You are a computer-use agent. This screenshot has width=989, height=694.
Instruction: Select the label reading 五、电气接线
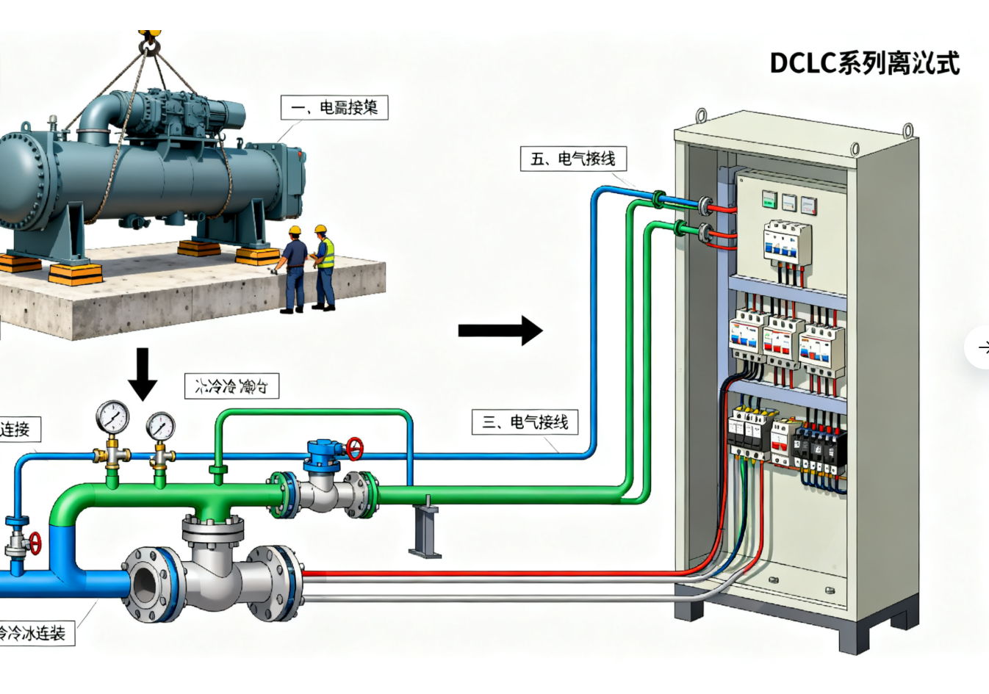click(x=573, y=159)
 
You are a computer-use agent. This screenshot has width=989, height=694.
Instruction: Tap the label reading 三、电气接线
click(x=525, y=422)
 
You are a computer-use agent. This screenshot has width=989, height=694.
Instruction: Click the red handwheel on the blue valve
click(x=355, y=447)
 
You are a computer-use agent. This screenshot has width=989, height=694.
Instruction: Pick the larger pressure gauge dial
click(x=112, y=417)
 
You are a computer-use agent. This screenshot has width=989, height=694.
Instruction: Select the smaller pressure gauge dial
click(x=160, y=425)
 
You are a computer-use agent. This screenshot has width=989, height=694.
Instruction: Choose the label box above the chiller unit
click(x=334, y=108)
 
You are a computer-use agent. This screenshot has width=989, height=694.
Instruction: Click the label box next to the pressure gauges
click(x=231, y=386)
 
